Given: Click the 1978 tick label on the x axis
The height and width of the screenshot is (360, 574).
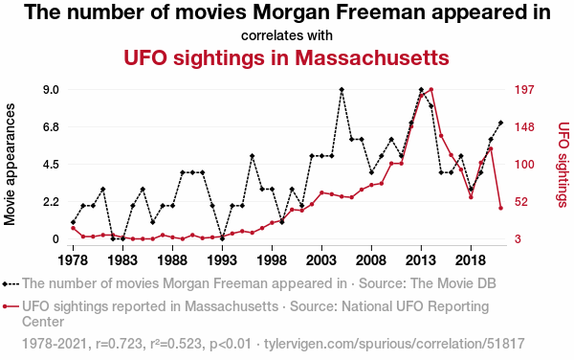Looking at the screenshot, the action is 73,260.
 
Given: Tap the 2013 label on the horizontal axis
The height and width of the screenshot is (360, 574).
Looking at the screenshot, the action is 421,260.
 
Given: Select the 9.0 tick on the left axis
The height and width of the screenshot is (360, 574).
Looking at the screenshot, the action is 51,90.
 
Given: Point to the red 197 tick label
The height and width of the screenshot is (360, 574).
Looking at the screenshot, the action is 524,90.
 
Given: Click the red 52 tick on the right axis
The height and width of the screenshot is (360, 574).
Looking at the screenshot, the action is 521,202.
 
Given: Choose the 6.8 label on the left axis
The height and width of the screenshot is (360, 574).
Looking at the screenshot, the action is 51,127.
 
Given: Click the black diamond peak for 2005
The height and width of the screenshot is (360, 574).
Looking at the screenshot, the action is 342,89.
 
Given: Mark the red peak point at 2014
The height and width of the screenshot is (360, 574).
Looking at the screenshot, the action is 431,89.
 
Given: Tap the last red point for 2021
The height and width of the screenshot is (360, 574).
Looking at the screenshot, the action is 500,208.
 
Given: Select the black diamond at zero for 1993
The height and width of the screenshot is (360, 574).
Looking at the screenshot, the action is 222,238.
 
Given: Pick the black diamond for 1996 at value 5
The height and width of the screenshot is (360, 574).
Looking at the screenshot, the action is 252,156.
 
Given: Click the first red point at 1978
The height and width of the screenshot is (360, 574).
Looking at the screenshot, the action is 73,228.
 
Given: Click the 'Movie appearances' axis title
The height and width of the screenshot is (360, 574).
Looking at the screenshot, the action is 10,165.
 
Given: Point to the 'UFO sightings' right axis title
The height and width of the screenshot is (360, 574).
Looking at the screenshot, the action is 563,165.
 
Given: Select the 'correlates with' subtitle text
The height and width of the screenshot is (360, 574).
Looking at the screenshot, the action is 287,35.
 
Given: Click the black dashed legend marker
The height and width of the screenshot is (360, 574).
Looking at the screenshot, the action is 11,283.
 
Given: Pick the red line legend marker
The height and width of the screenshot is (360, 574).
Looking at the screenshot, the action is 11,306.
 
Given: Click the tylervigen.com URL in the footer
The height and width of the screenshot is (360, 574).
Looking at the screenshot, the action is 394,344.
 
